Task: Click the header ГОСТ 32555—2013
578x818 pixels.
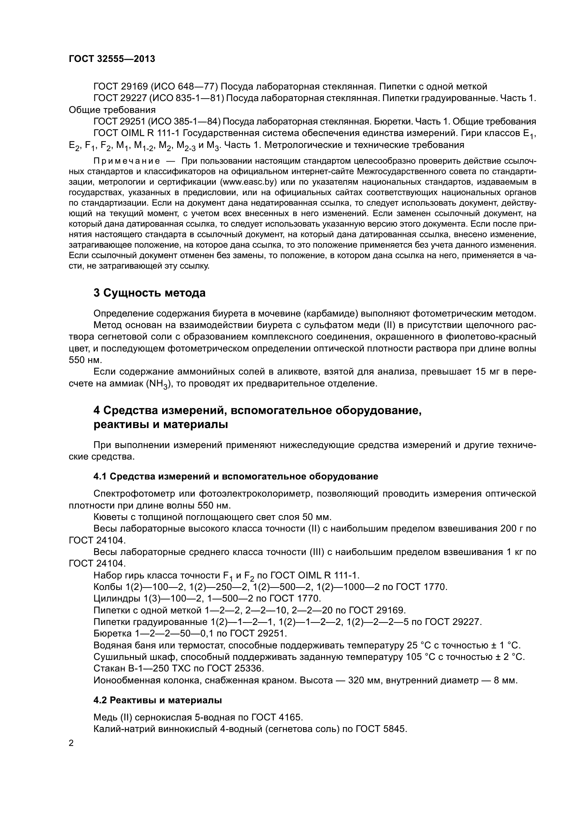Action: pos(112,59)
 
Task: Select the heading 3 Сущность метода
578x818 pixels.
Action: pos(150,293)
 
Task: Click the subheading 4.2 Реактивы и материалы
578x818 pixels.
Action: pos(158,700)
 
